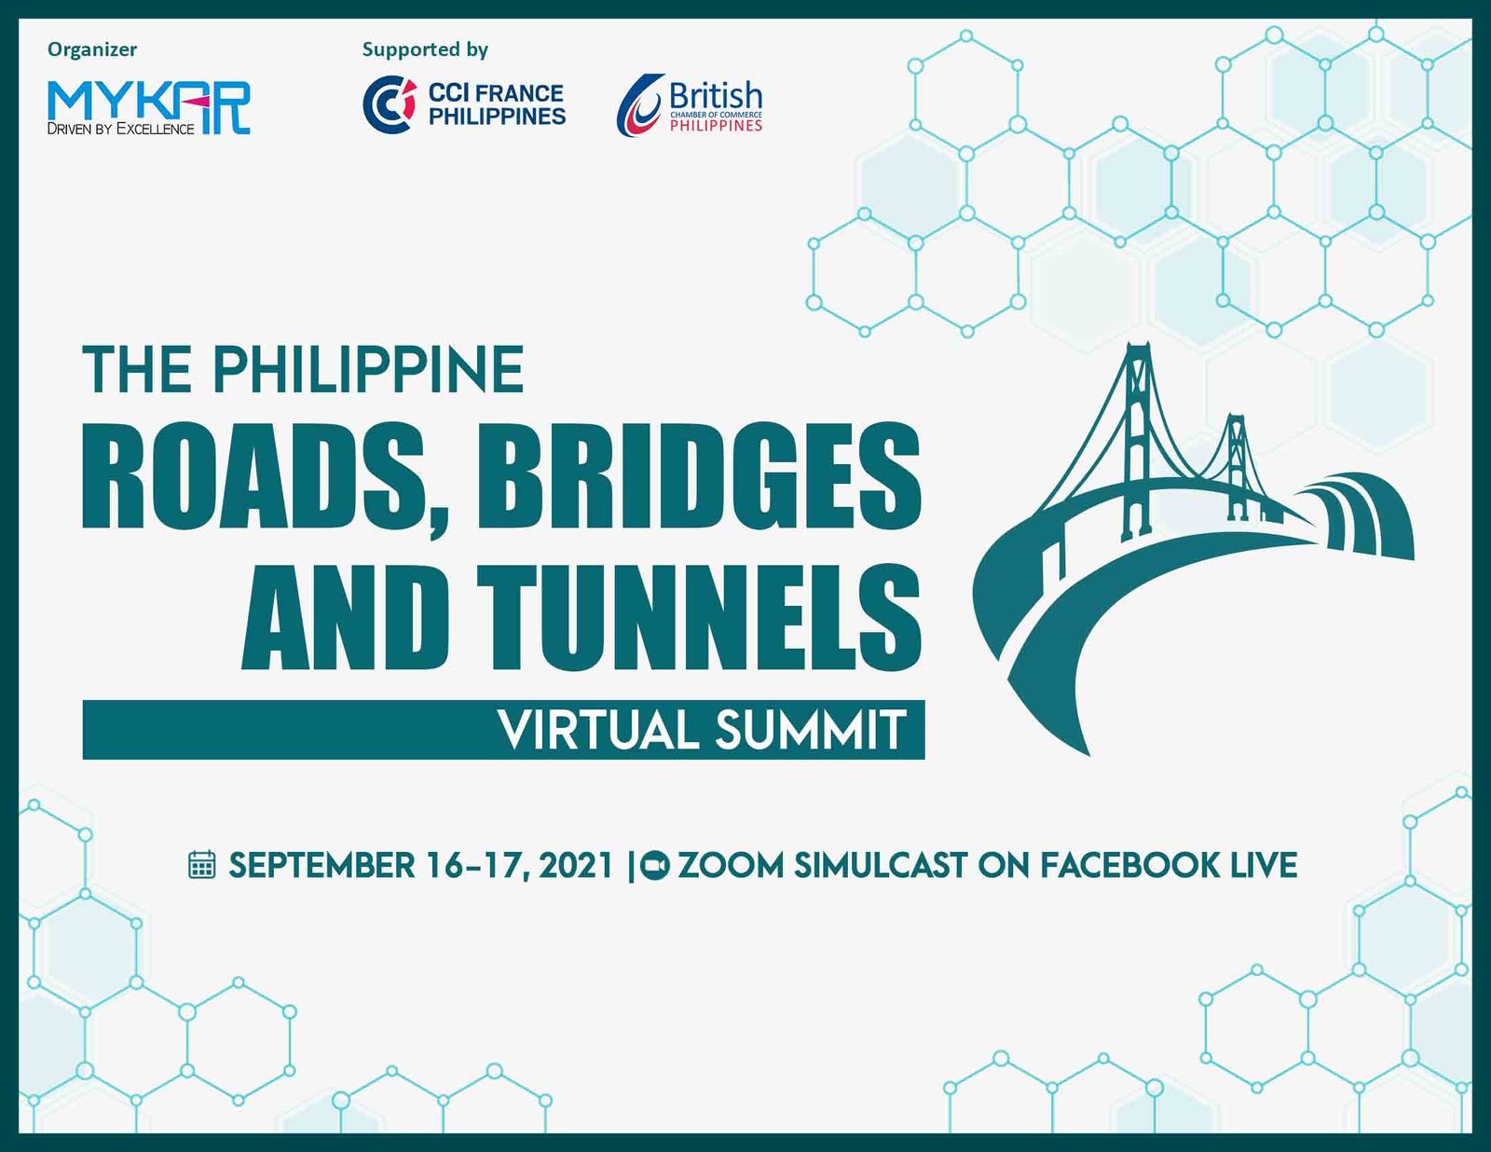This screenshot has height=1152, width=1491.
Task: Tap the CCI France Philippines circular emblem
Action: pos(390,104)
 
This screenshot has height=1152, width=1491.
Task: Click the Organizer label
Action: pos(92,49)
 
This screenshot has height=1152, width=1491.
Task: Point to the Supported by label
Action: pos(426,50)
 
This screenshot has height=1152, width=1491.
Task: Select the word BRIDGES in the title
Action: pos(699,476)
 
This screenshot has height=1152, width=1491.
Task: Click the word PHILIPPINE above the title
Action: pos(368,370)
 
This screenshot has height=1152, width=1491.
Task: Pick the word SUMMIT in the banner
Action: pos(811,730)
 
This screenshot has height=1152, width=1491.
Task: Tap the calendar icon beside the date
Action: pos(201,865)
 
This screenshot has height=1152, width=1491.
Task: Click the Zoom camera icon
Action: pos(654,865)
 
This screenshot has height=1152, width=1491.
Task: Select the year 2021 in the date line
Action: pos(576,865)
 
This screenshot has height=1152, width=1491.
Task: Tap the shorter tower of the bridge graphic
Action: pos(1237,466)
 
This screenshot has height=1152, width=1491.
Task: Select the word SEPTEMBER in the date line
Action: pos(321,865)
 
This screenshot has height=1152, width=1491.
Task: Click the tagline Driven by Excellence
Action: pos(121,129)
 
